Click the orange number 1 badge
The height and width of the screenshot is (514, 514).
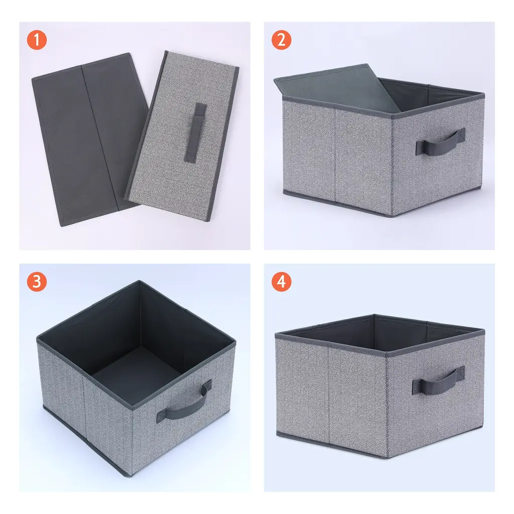tap(37, 40)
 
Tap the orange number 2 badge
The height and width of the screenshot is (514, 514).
tap(281, 40)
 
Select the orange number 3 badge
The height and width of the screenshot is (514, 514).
tap(37, 282)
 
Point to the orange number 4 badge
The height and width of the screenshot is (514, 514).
tap(281, 282)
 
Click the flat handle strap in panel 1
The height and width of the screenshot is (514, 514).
tap(195, 133)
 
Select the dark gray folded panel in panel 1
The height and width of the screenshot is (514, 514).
tap(88, 140)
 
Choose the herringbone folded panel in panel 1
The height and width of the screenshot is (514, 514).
tap(182, 136)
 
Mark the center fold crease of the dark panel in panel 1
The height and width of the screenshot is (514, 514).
tap(99, 138)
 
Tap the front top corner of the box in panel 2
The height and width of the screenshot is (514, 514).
tap(391, 116)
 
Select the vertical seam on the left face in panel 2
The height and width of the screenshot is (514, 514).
tap(335, 155)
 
